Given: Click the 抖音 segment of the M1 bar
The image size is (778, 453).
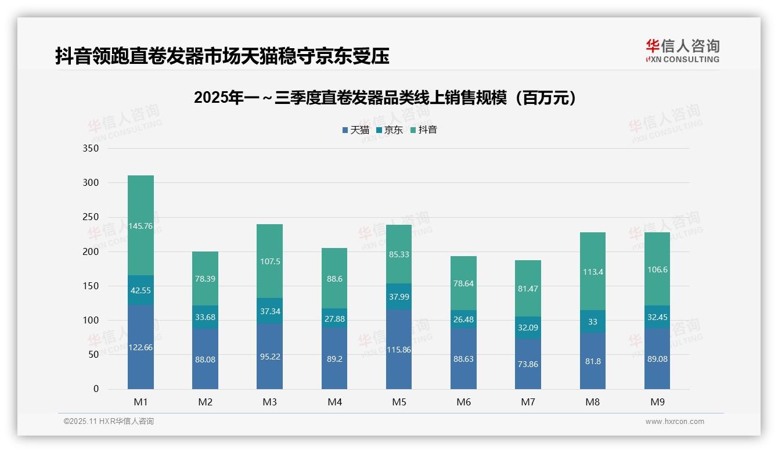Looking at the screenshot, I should (x=141, y=225).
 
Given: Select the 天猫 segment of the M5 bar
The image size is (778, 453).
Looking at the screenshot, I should (x=399, y=349).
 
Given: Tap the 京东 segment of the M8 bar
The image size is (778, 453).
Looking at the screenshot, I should (x=592, y=321).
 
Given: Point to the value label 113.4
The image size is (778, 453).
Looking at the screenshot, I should (x=592, y=272).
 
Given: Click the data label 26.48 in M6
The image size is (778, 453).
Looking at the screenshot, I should (x=463, y=320).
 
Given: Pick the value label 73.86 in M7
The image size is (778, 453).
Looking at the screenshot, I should (x=528, y=364).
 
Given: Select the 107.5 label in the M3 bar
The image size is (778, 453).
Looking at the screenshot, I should (x=270, y=261).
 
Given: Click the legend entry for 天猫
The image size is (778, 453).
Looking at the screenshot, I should (x=355, y=130).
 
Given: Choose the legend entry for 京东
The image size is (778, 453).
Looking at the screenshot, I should (x=390, y=130).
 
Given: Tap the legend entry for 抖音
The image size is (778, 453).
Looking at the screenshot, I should (x=423, y=130).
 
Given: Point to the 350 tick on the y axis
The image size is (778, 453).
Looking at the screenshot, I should (x=91, y=149).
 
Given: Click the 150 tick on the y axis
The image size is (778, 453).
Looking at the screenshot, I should (x=91, y=286).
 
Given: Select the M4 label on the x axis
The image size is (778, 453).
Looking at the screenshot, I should (x=334, y=402).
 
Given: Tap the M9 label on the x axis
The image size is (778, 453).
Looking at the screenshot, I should (x=657, y=402).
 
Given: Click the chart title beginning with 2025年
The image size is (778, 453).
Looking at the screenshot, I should (x=387, y=98).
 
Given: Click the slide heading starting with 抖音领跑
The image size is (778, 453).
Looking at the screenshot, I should (x=222, y=56).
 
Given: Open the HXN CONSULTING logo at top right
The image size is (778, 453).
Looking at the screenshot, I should (x=682, y=51).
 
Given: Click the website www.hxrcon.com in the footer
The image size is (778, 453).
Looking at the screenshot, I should (x=675, y=422).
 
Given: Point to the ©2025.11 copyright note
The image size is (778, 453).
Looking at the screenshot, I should (x=109, y=422).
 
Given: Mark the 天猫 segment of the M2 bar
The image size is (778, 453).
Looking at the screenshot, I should (x=206, y=359).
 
